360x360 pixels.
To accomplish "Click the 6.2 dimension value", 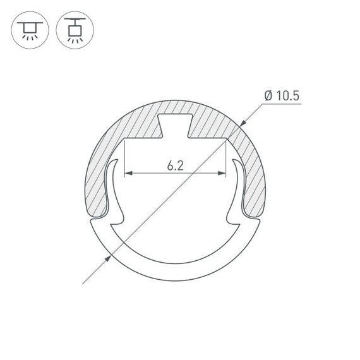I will (x=176, y=165).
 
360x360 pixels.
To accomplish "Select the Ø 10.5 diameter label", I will (x=282, y=95).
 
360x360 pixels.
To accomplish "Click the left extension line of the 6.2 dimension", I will (x=125, y=158).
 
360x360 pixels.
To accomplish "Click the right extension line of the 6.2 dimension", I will (x=226, y=158).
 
